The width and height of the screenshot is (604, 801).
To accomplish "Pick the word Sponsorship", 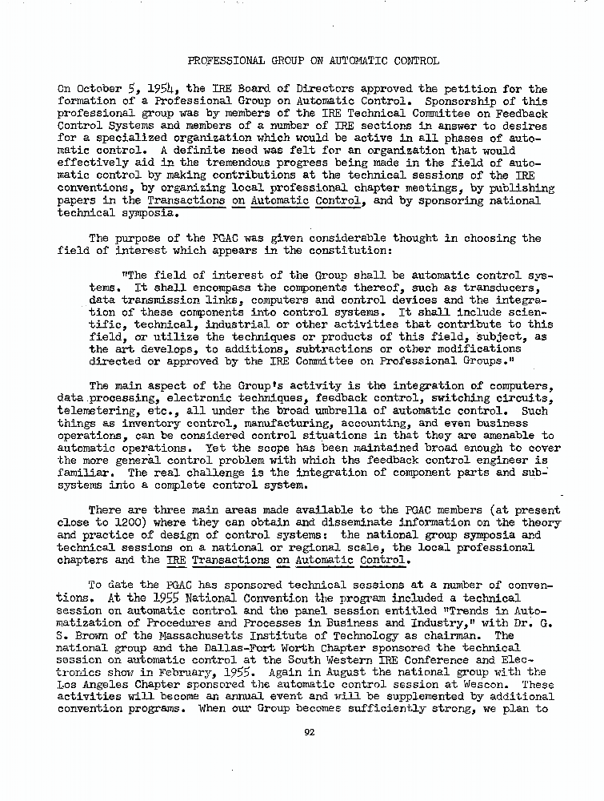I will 466,102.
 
